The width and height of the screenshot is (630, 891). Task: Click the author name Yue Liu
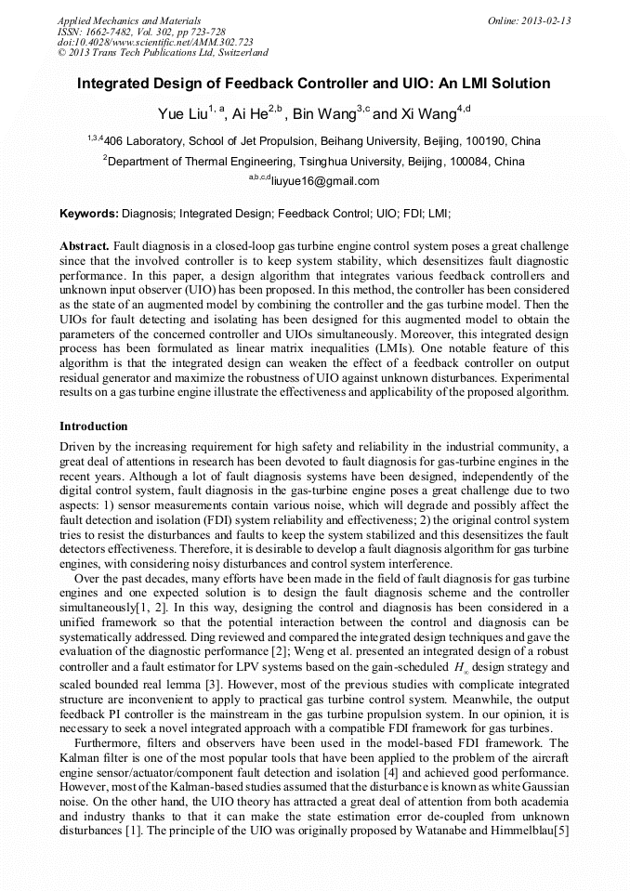point(181,115)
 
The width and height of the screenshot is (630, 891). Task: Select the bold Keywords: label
point(89,214)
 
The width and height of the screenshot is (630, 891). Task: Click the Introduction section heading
point(93,426)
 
